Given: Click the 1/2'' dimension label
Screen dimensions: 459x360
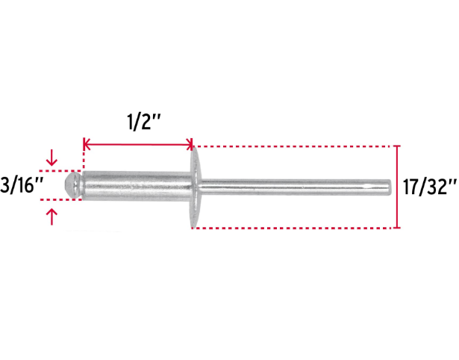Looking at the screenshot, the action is click(144, 122).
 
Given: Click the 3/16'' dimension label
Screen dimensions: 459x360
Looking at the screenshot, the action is click(22, 185).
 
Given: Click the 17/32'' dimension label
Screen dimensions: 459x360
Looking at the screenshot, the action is click(430, 187).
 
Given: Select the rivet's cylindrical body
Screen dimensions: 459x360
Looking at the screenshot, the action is click(137, 186).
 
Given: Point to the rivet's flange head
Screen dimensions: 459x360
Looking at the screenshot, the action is click(196, 187).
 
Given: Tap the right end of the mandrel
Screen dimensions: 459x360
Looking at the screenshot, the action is click(391, 187).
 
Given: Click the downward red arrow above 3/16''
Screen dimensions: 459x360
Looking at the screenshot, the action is click(51, 158).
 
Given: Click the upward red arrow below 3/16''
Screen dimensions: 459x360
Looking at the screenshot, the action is click(51, 217).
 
